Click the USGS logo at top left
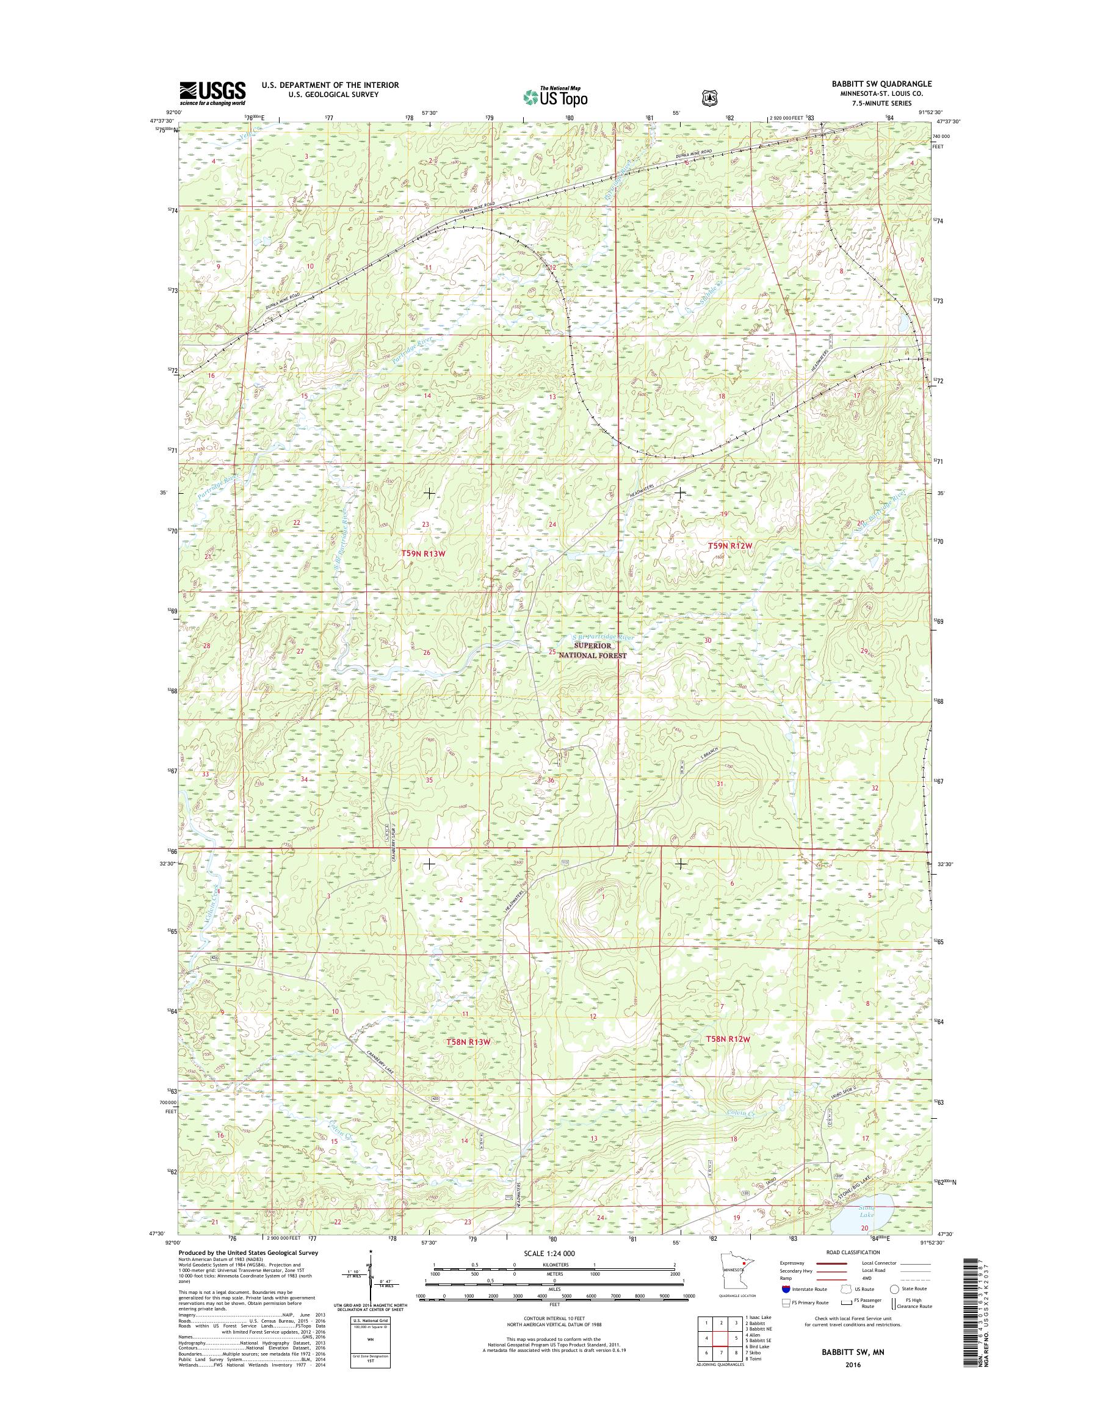212,93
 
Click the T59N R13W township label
424,553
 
